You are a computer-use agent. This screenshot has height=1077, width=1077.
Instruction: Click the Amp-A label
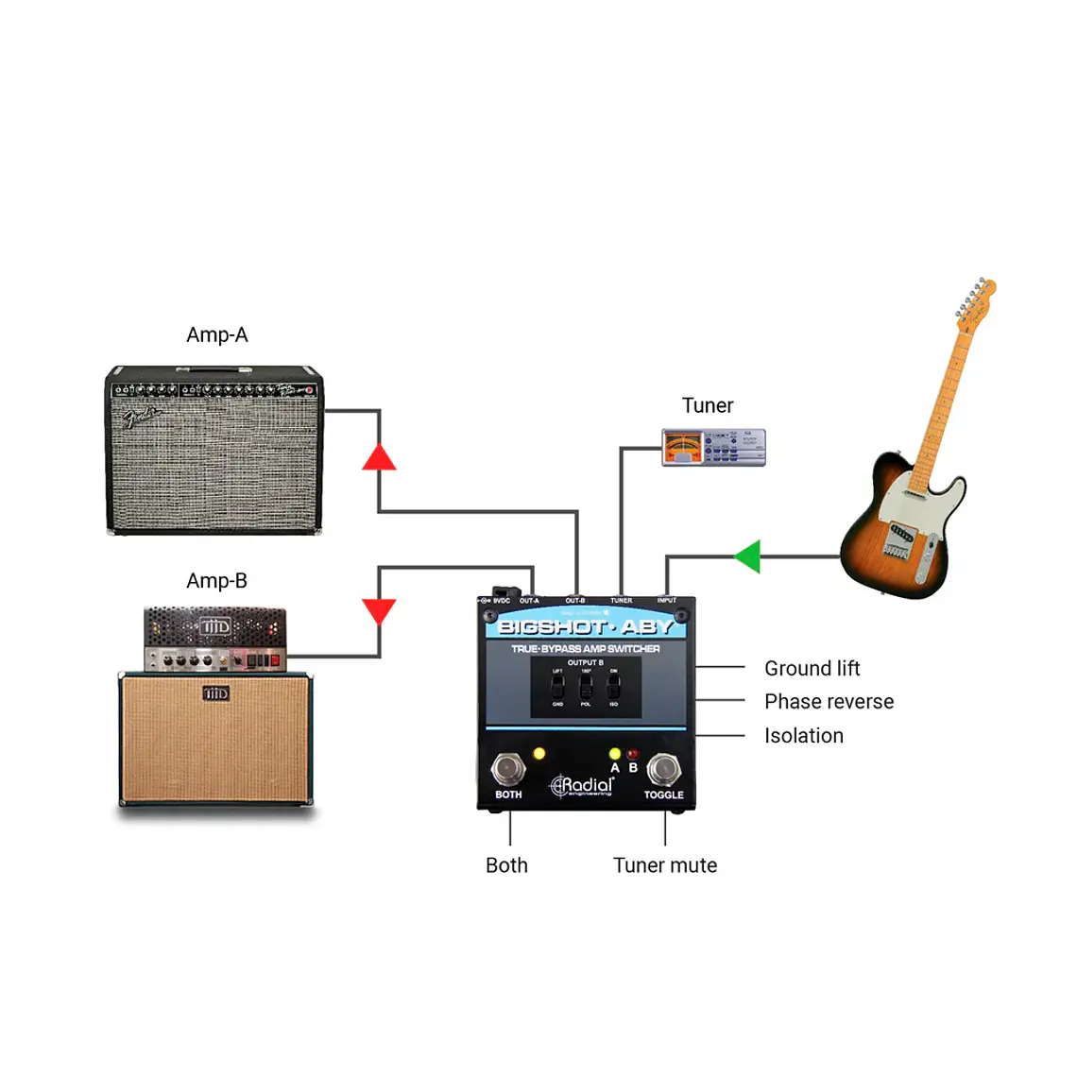tap(216, 335)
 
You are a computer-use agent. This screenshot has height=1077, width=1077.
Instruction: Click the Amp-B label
tap(216, 581)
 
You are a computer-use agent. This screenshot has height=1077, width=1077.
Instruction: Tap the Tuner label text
tap(707, 406)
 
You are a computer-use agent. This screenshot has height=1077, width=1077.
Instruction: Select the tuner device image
tap(713, 447)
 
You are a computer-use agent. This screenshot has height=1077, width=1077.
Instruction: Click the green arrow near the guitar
tap(748, 556)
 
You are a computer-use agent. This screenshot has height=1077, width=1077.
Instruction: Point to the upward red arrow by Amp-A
tap(379, 458)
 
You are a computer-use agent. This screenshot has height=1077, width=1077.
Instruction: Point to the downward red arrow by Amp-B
tap(379, 610)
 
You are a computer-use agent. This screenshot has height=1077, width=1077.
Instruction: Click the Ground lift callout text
tap(812, 669)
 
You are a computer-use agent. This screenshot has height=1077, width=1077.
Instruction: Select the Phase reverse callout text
tap(829, 702)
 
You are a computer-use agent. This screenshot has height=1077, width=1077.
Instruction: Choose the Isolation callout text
tap(803, 736)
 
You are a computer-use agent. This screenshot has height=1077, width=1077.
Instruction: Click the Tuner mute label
tap(664, 865)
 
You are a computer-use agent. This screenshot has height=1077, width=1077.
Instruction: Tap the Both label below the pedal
tap(506, 865)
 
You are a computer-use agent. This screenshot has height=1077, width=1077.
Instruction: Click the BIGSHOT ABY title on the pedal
tap(586, 626)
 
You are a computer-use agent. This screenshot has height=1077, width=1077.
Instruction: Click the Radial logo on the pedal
tap(583, 786)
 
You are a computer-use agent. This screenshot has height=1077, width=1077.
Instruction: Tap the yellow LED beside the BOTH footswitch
tap(539, 754)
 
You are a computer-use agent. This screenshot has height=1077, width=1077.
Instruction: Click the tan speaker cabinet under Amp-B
tap(215, 739)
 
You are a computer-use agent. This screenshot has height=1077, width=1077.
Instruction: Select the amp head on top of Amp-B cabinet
tap(215, 640)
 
